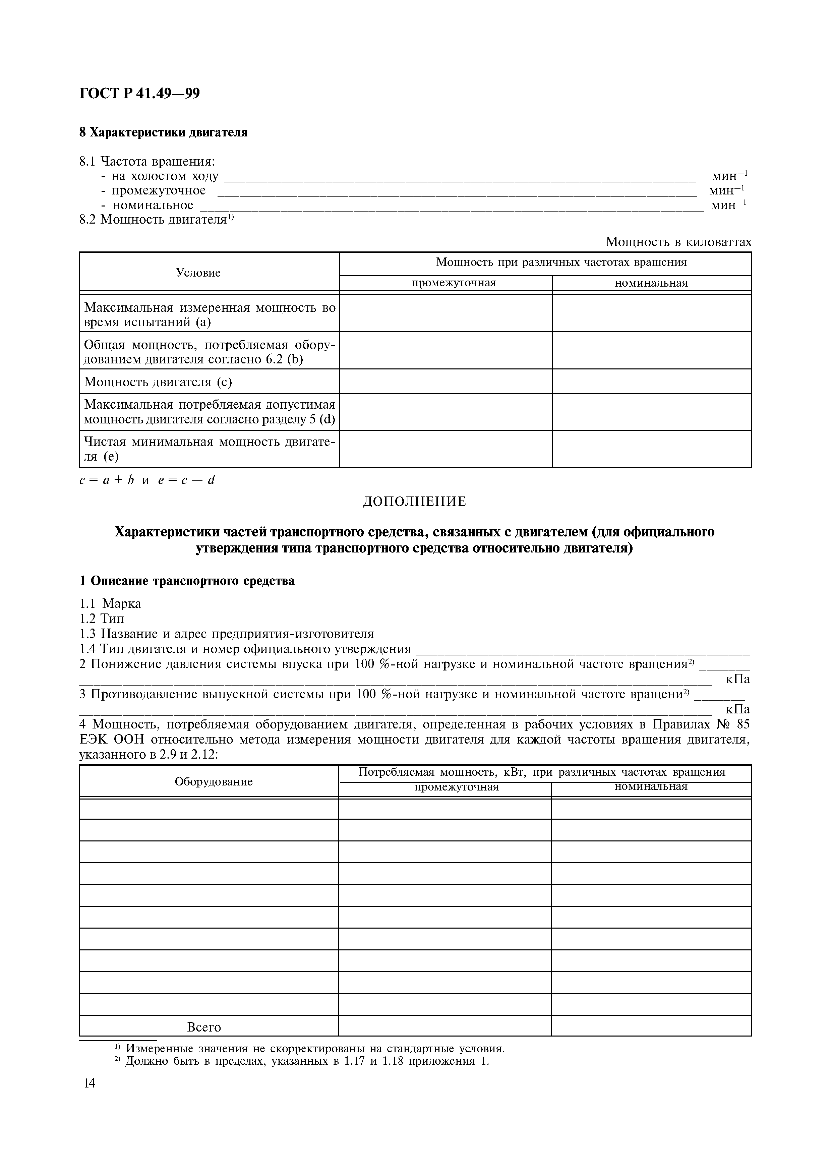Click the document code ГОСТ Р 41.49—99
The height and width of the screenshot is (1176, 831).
[x=139, y=93]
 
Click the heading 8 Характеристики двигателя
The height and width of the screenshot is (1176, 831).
[x=163, y=133]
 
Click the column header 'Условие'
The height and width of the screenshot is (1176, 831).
[x=198, y=273]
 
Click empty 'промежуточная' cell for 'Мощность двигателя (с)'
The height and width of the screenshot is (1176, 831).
[x=446, y=381]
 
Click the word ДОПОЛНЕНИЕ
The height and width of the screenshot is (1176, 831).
[x=415, y=502]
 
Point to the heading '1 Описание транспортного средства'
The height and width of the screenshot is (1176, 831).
[x=187, y=581]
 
